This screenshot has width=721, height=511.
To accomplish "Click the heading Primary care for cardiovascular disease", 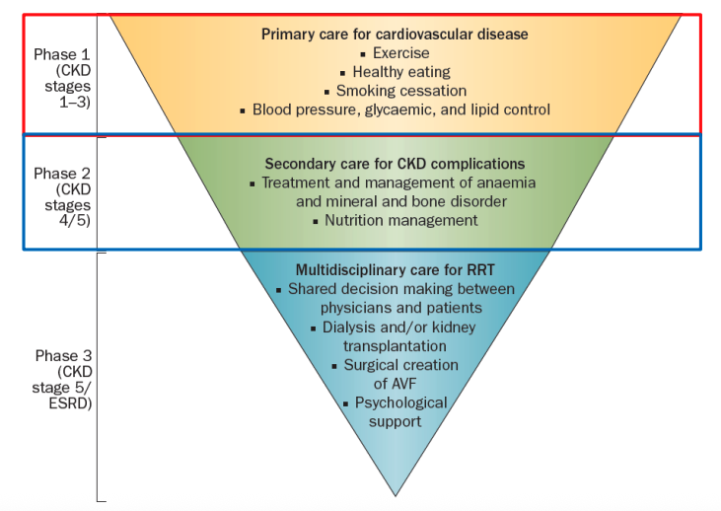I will tap(395, 34).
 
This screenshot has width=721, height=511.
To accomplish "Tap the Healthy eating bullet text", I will tap(400, 71).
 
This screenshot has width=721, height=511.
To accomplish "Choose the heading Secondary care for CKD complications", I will tap(395, 164).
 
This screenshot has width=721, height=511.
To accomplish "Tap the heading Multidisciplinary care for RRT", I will tap(395, 269).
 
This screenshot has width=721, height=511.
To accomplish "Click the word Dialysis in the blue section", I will tap(351, 327).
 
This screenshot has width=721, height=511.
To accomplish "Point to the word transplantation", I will tap(395, 345).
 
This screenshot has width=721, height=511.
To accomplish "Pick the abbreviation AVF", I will tap(395, 384).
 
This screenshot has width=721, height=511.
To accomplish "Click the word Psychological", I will tap(399, 402).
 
